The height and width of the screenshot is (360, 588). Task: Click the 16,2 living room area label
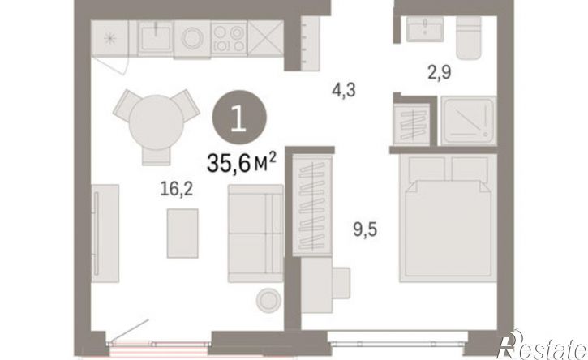(176, 190)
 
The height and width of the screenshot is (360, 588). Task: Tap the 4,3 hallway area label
(344, 90)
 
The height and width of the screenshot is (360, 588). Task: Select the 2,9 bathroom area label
(439, 72)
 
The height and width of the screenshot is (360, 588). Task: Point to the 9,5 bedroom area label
(365, 229)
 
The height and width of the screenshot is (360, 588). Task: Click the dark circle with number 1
(239, 118)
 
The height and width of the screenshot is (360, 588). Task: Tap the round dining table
(156, 122)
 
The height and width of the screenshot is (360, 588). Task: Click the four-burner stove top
(229, 39)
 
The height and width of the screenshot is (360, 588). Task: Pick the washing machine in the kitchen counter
(192, 39)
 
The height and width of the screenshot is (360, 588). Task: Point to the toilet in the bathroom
(469, 37)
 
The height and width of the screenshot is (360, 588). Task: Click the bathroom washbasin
(425, 29)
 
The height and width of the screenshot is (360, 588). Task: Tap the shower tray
(469, 120)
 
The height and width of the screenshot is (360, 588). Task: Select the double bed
(449, 217)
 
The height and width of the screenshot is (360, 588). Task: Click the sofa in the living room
(255, 234)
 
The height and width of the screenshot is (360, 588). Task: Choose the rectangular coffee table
(182, 234)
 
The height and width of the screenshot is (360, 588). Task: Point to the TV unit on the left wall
(105, 234)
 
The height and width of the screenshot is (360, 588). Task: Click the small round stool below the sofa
(268, 300)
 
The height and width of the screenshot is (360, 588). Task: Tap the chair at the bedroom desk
(341, 283)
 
